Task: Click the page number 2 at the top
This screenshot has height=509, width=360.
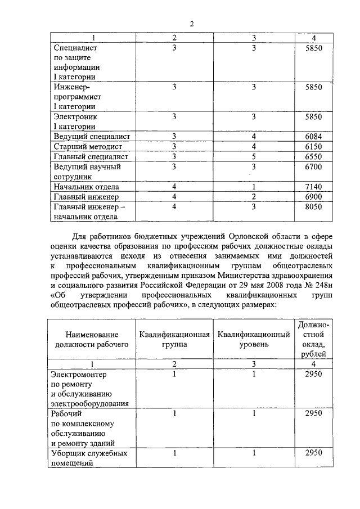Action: (191, 23)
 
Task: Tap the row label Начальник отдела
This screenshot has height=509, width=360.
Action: (86, 187)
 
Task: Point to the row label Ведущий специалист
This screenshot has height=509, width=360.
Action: (91, 137)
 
